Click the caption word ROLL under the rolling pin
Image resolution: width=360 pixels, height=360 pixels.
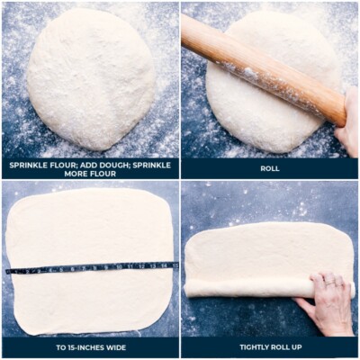pos(269,168)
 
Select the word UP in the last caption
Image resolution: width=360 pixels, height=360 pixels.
pos(302,346)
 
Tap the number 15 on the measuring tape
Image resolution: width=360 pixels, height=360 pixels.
pos(175,265)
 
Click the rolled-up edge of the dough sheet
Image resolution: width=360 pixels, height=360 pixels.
pos(243,289)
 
